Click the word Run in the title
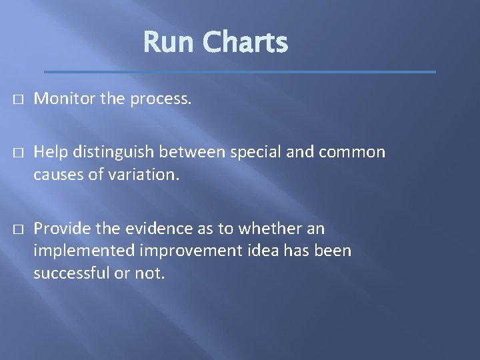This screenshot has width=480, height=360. [x=169, y=43]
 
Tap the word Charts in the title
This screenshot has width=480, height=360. [x=245, y=43]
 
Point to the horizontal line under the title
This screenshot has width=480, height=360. [x=240, y=71]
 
